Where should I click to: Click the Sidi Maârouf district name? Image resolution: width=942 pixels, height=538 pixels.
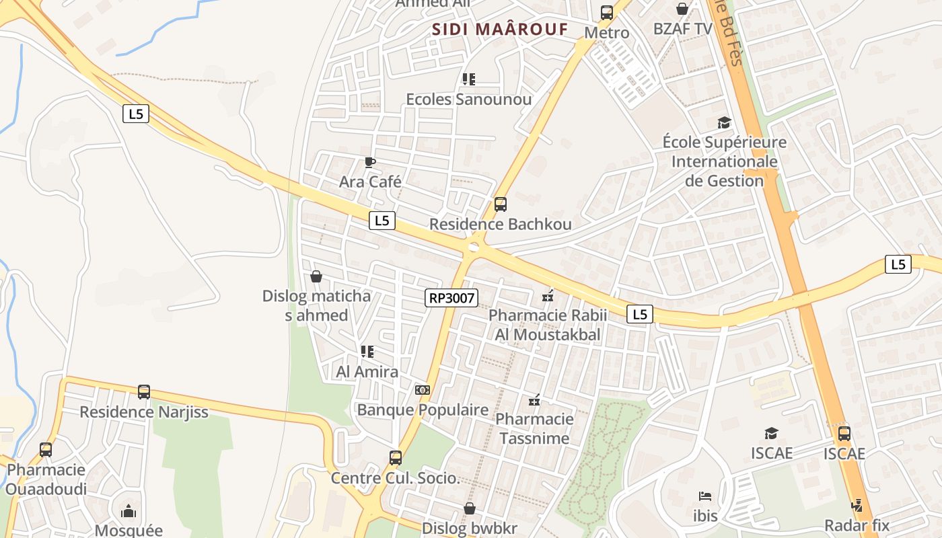coord(500,30)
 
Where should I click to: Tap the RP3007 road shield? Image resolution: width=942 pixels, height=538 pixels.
coord(451,298)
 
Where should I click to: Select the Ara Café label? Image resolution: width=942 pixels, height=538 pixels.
coord(370,182)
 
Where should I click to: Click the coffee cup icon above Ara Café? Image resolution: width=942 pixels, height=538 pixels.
coord(369,161)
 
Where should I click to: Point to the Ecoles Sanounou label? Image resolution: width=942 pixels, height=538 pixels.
coord(468,100)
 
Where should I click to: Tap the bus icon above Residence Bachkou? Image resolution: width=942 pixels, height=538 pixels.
coord(500,204)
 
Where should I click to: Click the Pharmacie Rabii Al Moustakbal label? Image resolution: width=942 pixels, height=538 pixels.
coord(548,325)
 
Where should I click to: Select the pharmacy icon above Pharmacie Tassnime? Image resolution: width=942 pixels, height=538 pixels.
coord(534,401)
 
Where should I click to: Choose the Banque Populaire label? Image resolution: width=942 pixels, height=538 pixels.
coord(423,410)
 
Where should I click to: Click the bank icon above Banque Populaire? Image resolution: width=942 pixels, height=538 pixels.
coord(423,390)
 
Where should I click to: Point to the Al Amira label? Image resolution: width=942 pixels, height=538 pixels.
coord(367,372)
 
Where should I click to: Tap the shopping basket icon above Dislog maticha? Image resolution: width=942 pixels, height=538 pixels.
coord(316,276)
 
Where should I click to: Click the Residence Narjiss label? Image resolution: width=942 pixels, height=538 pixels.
coord(144,412)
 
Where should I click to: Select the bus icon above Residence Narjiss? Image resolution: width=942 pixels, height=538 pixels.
coord(143,391)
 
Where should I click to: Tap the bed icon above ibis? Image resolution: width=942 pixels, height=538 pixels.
coord(705,496)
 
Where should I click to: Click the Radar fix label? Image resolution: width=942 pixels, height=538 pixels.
coord(857,525)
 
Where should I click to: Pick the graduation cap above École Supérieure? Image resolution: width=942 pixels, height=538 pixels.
coord(724,122)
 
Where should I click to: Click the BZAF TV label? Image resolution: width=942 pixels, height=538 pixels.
coord(682,29)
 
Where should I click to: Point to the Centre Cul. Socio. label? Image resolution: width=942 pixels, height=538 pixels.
coord(395,479)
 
